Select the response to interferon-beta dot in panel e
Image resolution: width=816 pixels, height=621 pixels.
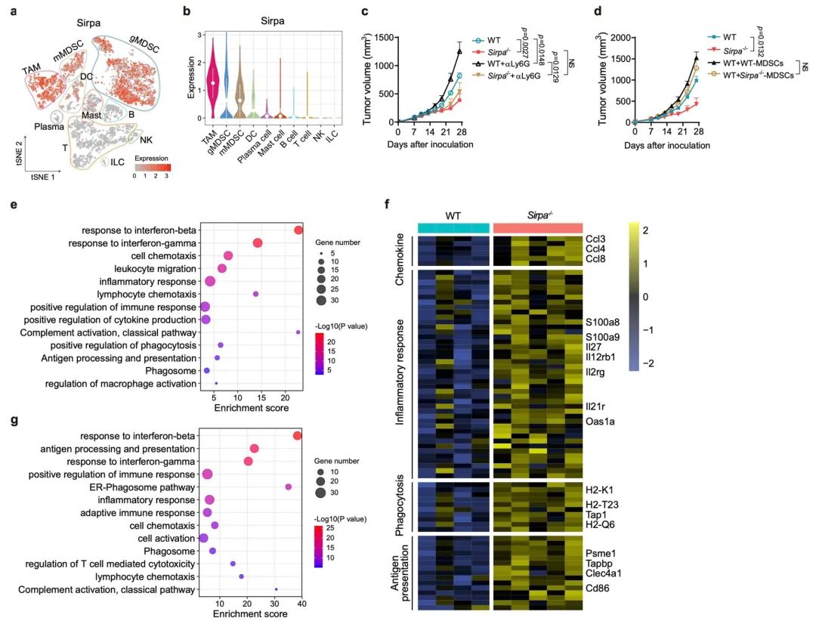pos(298,230)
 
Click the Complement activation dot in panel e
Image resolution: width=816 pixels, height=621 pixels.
pos(298,332)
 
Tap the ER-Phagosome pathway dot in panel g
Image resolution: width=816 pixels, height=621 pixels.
pos(288,487)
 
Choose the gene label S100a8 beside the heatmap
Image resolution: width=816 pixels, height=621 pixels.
pos(601,322)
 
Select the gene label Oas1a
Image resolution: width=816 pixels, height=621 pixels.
pos(601,422)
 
